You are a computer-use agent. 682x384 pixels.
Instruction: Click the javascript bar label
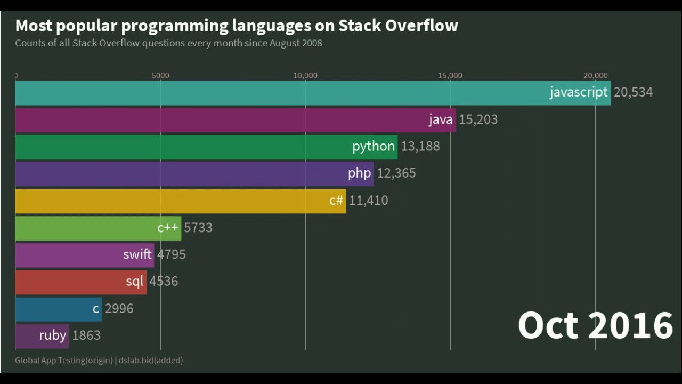tap(578, 92)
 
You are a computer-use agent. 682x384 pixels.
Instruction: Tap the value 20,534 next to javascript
tap(633, 92)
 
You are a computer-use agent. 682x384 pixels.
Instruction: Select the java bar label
tap(441, 119)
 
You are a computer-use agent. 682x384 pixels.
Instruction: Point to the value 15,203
tap(478, 119)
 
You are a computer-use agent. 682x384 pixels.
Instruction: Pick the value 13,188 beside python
tap(420, 147)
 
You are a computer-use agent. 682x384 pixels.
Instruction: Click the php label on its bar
tap(359, 173)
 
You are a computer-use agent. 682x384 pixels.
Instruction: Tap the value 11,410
tap(368, 201)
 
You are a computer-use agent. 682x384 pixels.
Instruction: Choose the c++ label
tap(167, 228)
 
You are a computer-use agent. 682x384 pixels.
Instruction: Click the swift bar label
tap(137, 254)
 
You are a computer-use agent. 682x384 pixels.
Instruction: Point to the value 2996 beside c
tap(119, 309)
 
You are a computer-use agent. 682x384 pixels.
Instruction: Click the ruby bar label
tap(52, 335)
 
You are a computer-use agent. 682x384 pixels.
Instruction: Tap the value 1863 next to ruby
tap(86, 335)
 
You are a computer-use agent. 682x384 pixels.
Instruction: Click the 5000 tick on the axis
tap(160, 76)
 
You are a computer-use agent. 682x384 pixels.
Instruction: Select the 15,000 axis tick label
tap(450, 76)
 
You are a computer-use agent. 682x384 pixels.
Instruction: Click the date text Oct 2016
tap(595, 325)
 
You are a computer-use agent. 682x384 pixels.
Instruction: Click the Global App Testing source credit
tap(63, 361)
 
